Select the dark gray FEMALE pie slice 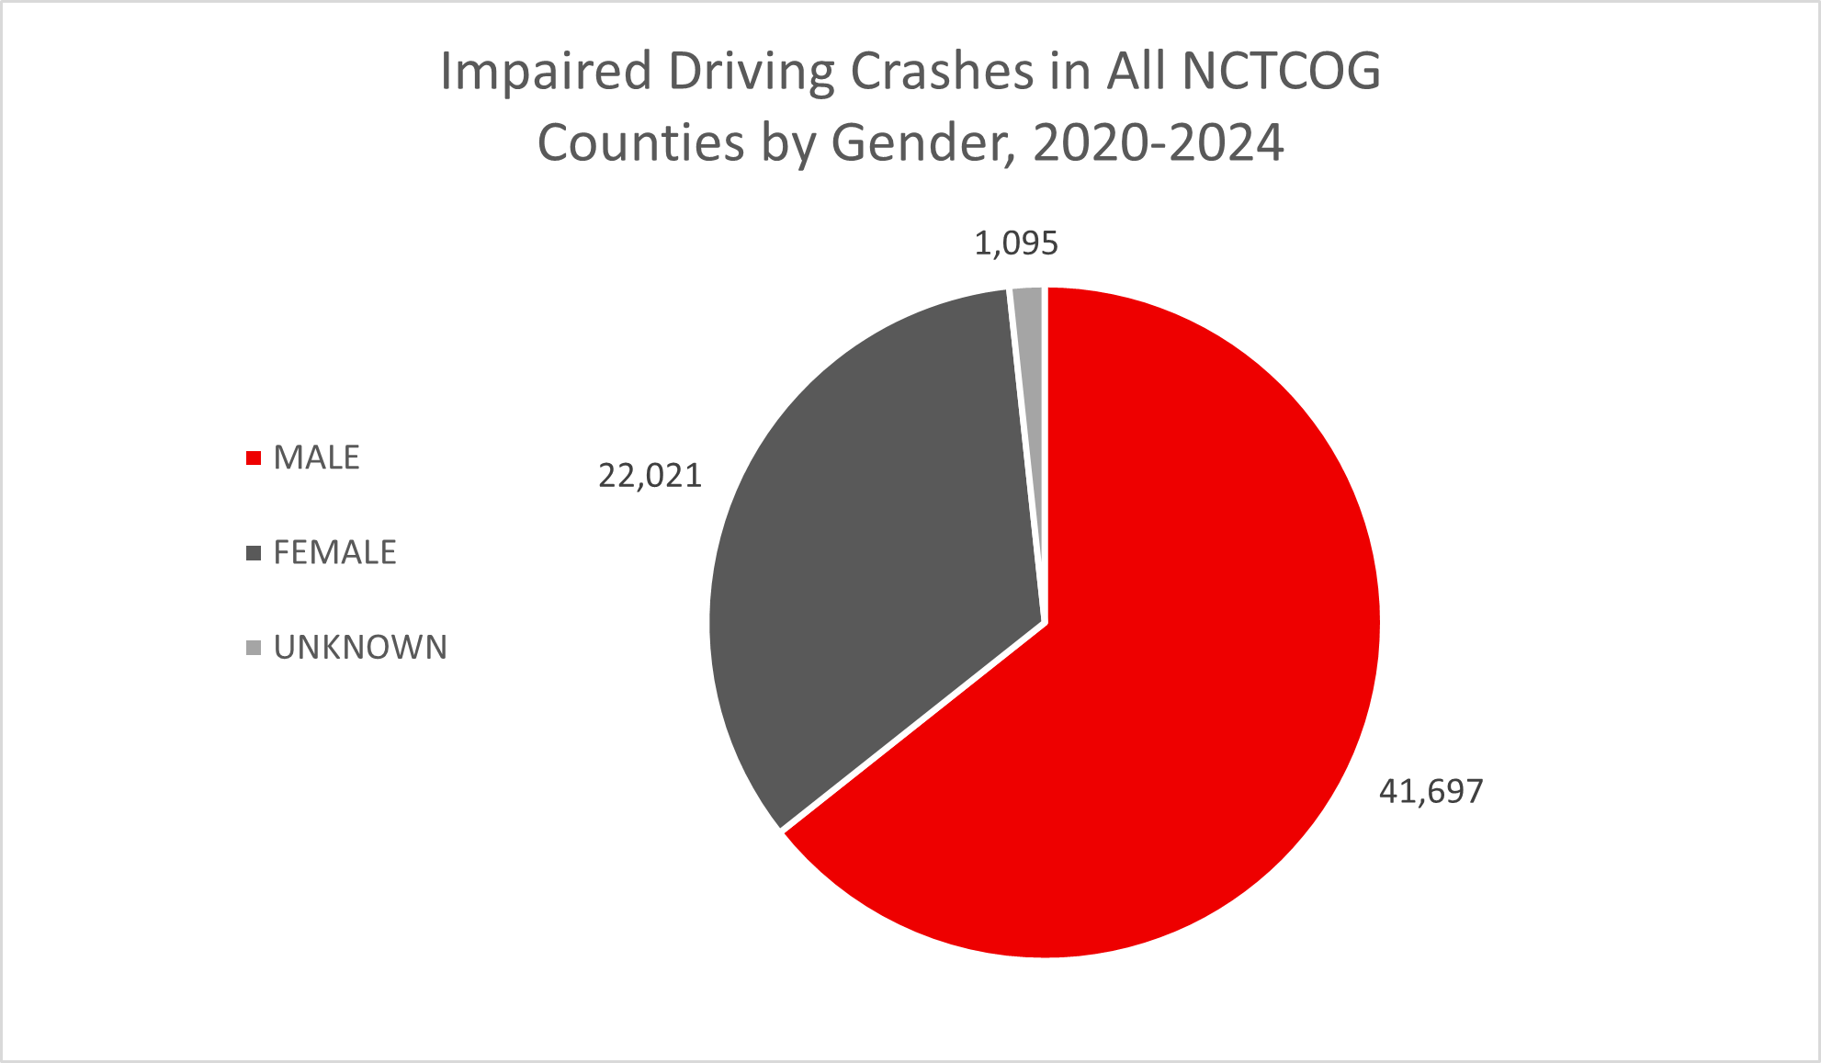pos(873,551)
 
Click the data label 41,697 pos(1431,791)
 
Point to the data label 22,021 pos(650,476)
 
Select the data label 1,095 pos(1016,243)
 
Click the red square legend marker pos(254,458)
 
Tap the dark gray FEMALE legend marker pos(254,553)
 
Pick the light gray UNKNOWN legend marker pos(254,648)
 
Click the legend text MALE pos(316,458)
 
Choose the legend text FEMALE pos(334,553)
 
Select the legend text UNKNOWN pos(360,648)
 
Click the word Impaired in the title pos(546,72)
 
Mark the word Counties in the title pos(640,143)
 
